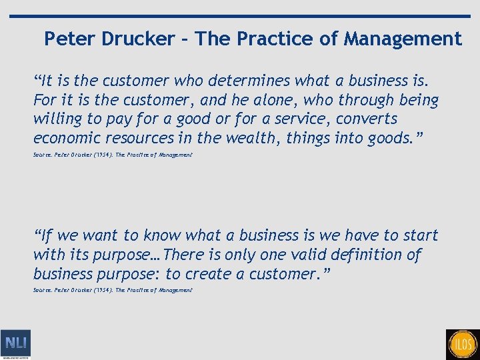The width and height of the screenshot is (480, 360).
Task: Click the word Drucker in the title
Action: [137, 39]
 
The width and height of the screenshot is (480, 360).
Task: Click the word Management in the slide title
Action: [403, 39]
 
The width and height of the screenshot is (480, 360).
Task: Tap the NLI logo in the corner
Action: [15, 344]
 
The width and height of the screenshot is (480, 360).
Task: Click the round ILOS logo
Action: [463, 344]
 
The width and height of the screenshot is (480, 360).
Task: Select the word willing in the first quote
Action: [55, 119]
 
